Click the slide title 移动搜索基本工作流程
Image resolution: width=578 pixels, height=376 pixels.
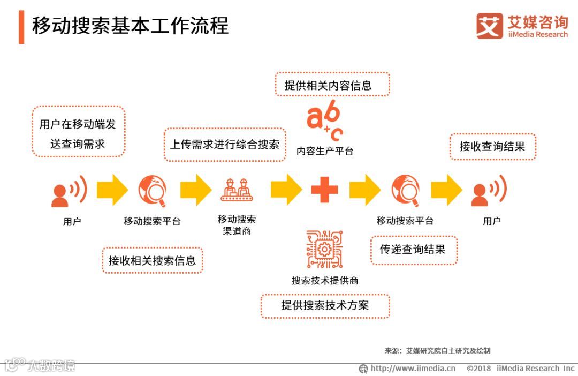pyautogui.click(x=130, y=26)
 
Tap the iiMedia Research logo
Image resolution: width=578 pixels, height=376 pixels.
pyautogui.click(x=521, y=26)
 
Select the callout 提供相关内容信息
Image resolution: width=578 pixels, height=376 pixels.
pyautogui.click(x=332, y=85)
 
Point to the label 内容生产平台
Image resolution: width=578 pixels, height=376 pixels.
pyautogui.click(x=325, y=151)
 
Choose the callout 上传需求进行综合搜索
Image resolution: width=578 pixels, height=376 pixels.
pyautogui.click(x=224, y=144)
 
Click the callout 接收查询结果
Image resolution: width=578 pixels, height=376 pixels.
pyautogui.click(x=492, y=146)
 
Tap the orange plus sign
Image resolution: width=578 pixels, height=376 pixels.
pyautogui.click(x=324, y=190)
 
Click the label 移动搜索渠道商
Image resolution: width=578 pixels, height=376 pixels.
pyautogui.click(x=237, y=225)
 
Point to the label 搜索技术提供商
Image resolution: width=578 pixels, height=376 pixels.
pyautogui.click(x=324, y=281)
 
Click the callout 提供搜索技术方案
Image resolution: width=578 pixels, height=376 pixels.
pyautogui.click(x=325, y=306)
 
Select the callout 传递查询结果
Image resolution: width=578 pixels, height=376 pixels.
pyautogui.click(x=413, y=250)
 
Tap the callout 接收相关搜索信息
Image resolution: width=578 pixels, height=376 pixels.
pyautogui.click(x=153, y=261)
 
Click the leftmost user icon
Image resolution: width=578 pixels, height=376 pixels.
pyautogui.click(x=69, y=191)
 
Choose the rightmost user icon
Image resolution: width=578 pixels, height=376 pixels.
pyautogui.click(x=488, y=191)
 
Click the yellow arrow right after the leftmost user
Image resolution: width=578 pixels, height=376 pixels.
pyautogui.click(x=112, y=190)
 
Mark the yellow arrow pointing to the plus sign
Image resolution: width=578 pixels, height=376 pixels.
pyautogui.click(x=286, y=190)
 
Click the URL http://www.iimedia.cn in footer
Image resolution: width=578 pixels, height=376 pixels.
pyautogui.click(x=412, y=368)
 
